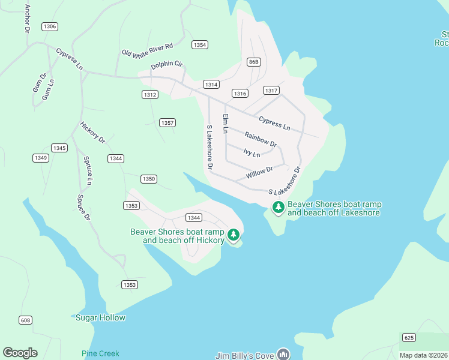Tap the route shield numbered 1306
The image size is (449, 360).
pyautogui.click(x=50, y=26)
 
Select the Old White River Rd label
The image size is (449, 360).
pyautogui.click(x=147, y=50)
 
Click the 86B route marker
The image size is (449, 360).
pyautogui.click(x=254, y=62)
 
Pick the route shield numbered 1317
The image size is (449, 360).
pyautogui.click(x=271, y=91)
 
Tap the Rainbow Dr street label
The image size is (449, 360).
pyautogui.click(x=261, y=140)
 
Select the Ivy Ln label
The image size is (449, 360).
pyautogui.click(x=252, y=154)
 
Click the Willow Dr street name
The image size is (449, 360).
pyautogui.click(x=259, y=173)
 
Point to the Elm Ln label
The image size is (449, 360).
pyautogui.click(x=226, y=124)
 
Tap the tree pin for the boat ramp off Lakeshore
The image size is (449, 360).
pyautogui.click(x=278, y=208)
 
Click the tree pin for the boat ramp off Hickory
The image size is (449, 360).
pyautogui.click(x=233, y=235)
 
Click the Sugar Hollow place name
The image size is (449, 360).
pyautogui.click(x=100, y=317)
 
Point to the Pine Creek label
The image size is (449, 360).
pyautogui.click(x=100, y=353)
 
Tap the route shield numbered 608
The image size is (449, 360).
pyautogui.click(x=25, y=320)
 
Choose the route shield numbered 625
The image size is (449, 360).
pyautogui.click(x=409, y=338)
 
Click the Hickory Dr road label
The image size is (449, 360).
pyautogui.click(x=92, y=133)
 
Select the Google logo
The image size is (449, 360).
pyautogui.click(x=20, y=353)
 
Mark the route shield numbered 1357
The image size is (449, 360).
pyautogui.click(x=167, y=123)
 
